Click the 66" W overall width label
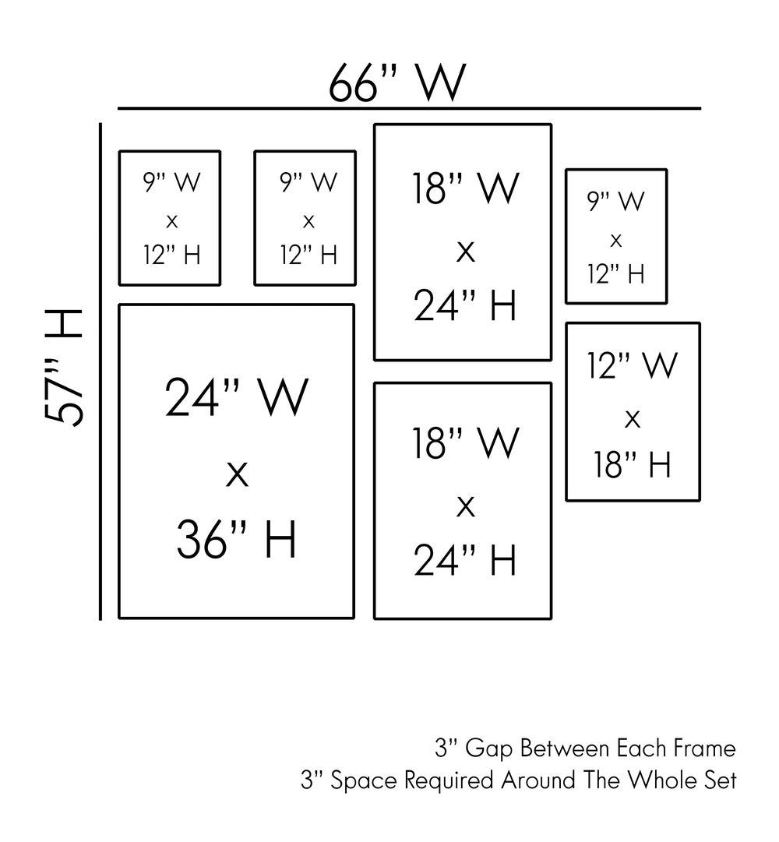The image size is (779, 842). [x=397, y=83]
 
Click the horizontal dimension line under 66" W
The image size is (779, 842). [x=409, y=108]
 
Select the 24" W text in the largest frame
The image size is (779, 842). [x=237, y=398]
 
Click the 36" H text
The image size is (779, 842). [x=237, y=539]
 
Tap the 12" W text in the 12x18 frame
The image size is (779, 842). [x=633, y=365]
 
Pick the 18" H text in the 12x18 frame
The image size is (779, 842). [x=633, y=465]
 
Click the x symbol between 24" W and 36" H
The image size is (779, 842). [x=237, y=474]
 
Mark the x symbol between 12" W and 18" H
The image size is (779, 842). [x=633, y=420]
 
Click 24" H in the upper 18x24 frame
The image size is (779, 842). [x=465, y=305]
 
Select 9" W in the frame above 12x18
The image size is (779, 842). [x=616, y=201]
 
